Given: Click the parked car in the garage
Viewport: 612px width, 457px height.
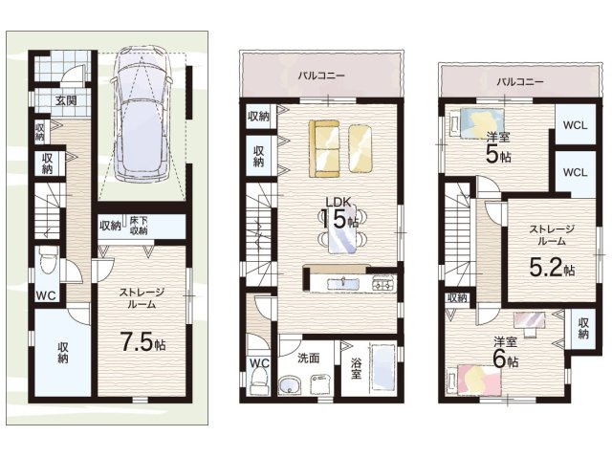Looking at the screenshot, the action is pos(141,115).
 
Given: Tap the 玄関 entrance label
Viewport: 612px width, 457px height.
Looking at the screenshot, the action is pos(66,100).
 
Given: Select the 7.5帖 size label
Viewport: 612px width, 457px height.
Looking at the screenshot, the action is pos(142,342).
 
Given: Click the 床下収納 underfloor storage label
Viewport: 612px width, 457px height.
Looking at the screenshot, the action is pos(139,226).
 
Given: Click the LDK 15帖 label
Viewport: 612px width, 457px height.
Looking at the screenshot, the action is pos(339,213).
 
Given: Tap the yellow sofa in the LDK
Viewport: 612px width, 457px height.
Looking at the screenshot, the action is pos(324,149).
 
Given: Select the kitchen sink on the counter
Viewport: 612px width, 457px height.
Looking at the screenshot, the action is pos(343,284).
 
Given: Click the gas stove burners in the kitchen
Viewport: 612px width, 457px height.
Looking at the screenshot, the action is pos(384,284).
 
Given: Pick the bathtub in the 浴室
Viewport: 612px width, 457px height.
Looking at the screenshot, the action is pos(383,367).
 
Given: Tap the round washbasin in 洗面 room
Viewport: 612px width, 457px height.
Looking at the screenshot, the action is pos(289,385).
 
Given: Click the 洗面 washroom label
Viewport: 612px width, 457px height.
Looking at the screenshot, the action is pos(308,359).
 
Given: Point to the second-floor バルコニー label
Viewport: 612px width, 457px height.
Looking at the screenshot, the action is pos(321,76).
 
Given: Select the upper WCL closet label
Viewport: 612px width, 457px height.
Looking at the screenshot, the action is pos(575,125).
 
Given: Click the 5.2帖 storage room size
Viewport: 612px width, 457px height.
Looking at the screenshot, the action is pos(552,268).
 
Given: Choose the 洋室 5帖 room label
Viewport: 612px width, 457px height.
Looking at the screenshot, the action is pos(498,147).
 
